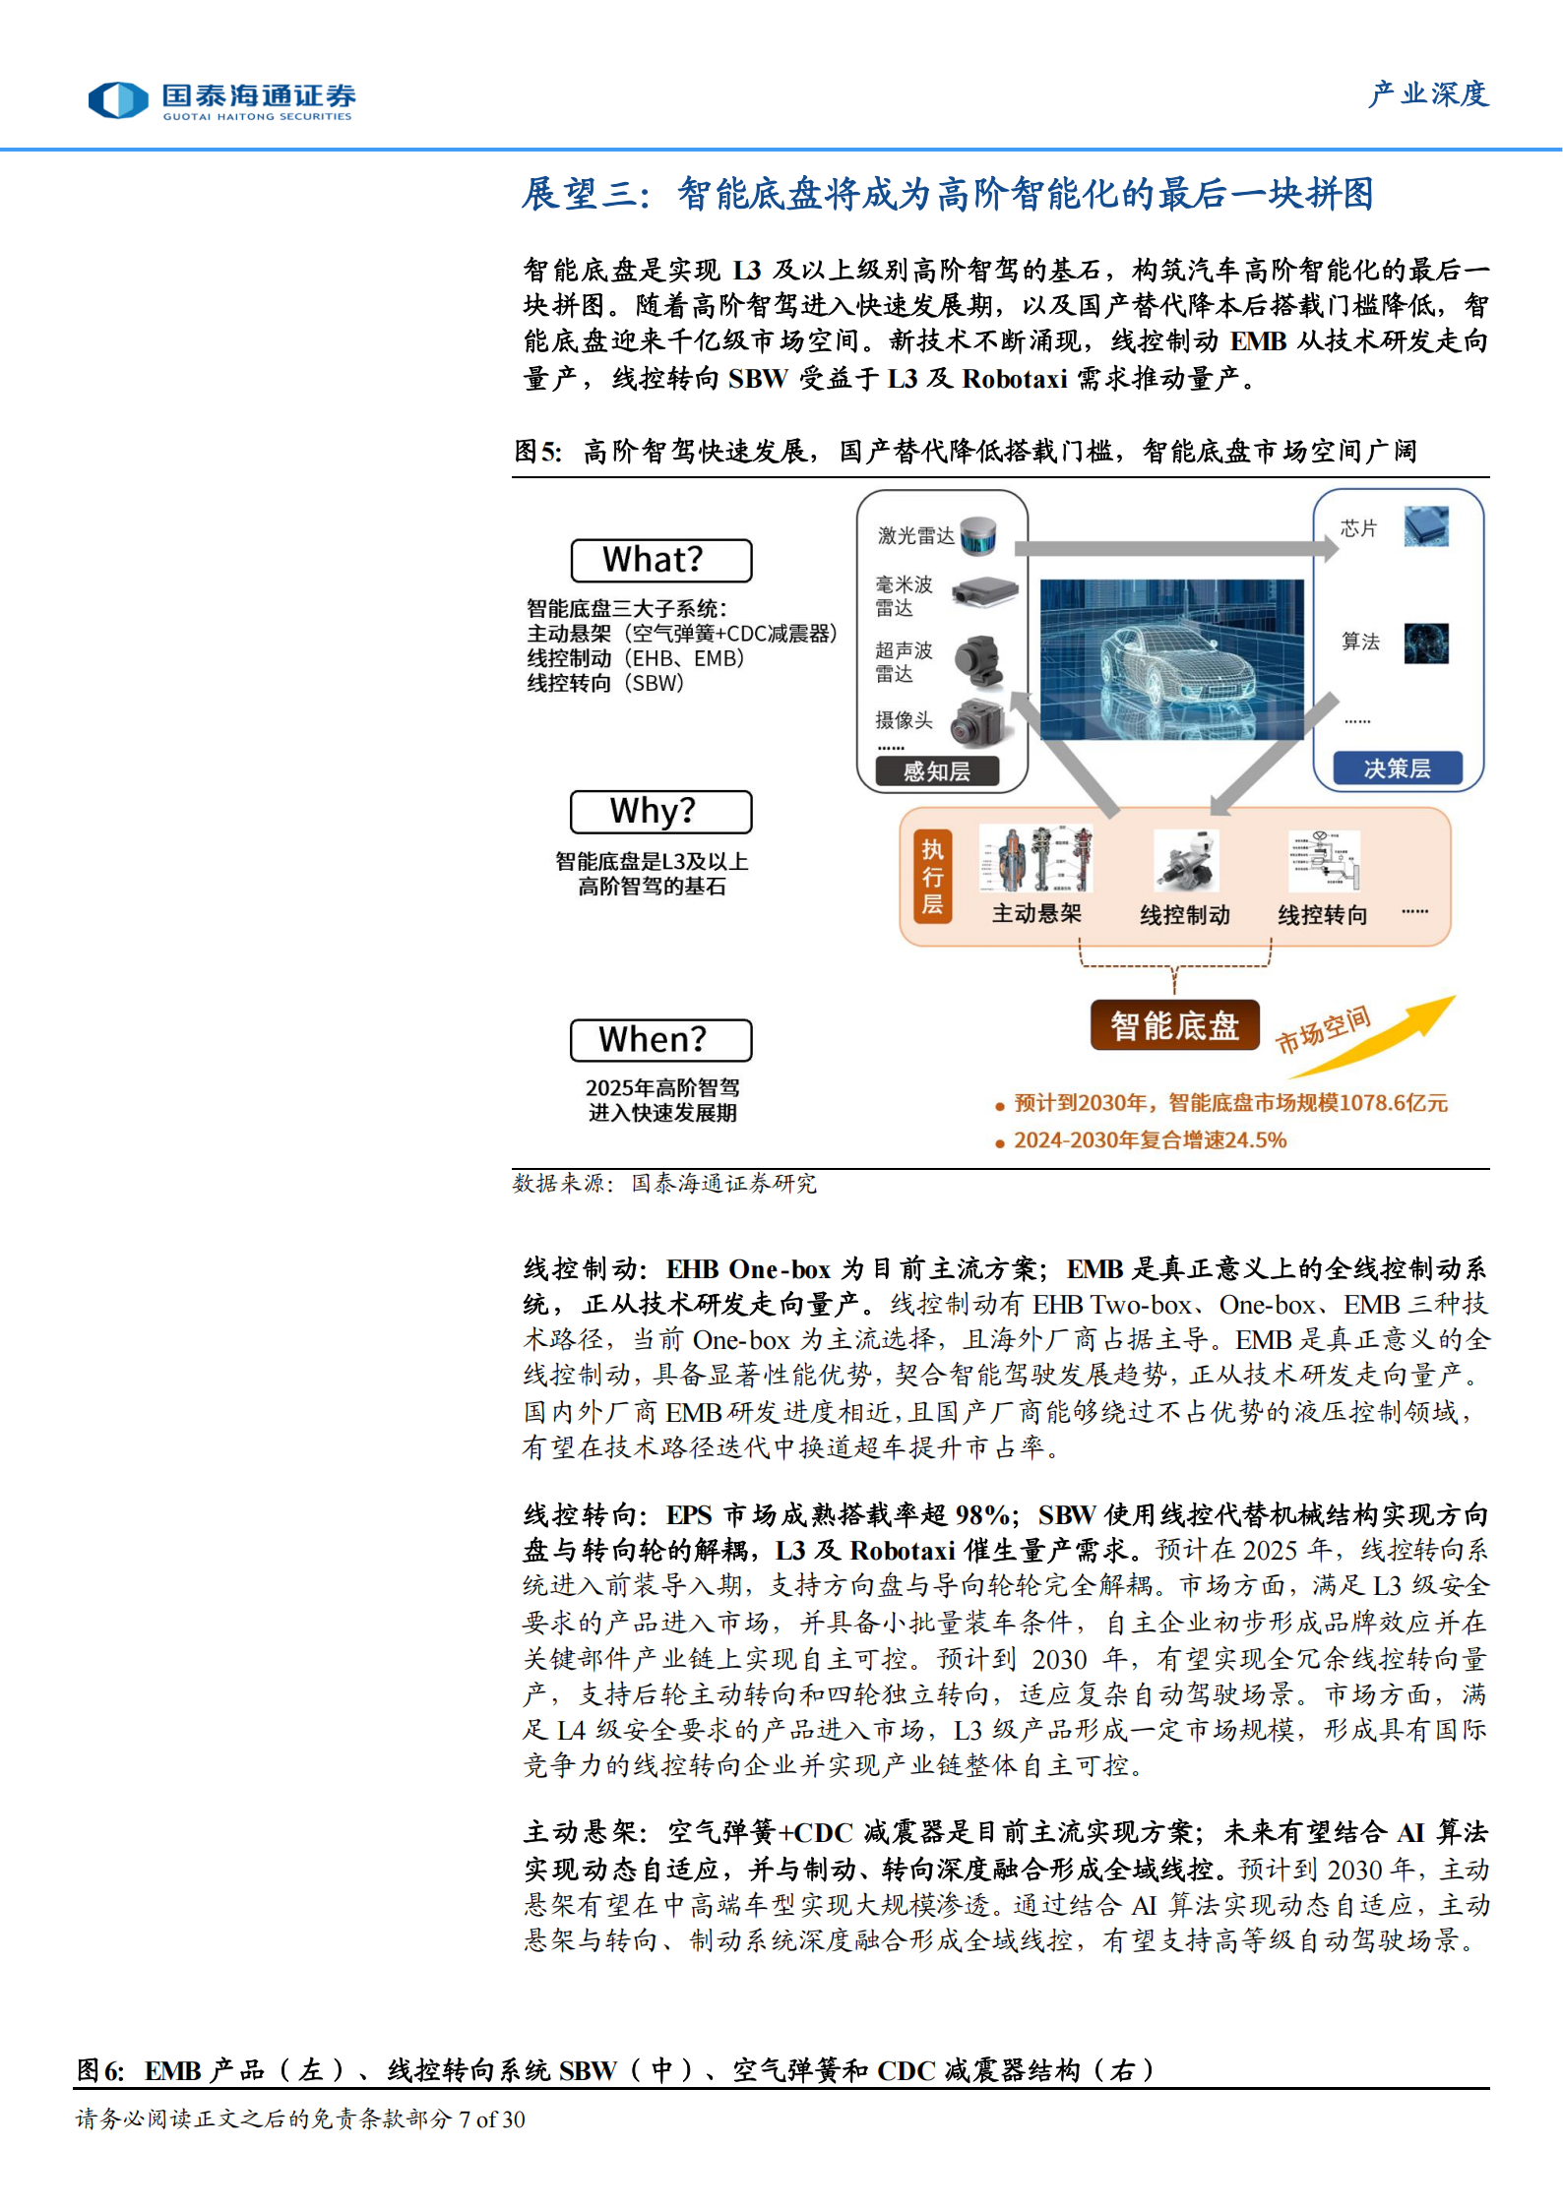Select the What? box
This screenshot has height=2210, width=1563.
pos(660,560)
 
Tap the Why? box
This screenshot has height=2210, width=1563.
pos(660,812)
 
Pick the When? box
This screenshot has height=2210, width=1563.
pos(660,1040)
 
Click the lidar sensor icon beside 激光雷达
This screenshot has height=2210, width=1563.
pos(978,534)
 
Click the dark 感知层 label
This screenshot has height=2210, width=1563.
pos(937,771)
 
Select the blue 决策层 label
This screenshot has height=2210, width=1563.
pos(1397,768)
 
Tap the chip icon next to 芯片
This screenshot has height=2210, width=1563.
pos(1426,526)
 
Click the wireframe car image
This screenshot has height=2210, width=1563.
pos(1171,659)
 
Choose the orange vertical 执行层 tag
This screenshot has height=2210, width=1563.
pos(931,877)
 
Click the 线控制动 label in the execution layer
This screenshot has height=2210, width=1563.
pos(1184,915)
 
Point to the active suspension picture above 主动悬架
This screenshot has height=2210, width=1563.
pos(1035,859)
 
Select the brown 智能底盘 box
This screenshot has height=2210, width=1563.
pos(1174,1025)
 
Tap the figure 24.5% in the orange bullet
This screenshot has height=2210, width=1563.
pos(1257,1140)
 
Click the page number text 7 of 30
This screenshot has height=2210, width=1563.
pos(491,2118)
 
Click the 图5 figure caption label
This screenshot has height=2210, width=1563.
pos(538,452)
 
